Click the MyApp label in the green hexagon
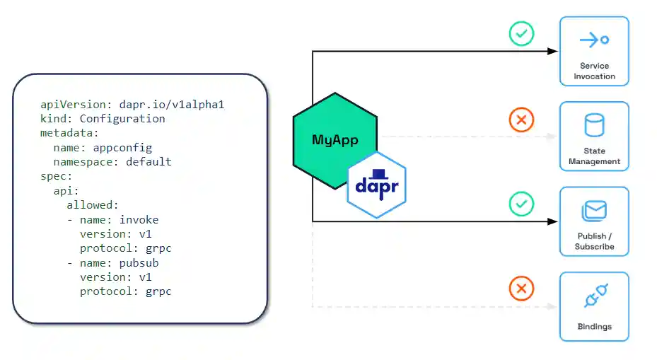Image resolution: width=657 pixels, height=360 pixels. [335, 139]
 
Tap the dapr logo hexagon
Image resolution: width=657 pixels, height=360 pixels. [376, 185]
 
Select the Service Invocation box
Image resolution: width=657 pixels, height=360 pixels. [594, 51]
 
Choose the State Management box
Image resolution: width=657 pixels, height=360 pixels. [594, 137]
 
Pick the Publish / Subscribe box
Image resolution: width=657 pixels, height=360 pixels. [594, 221]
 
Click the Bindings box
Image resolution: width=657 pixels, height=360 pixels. [594, 306]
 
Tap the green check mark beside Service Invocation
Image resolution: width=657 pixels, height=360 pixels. [521, 34]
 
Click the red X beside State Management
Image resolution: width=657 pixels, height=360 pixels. [521, 120]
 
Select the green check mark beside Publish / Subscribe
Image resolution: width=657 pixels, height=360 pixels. [521, 204]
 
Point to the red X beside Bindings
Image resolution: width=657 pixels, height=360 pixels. [521, 289]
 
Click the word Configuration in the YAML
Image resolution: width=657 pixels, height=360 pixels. [122, 119]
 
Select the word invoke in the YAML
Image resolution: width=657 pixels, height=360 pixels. [139, 219]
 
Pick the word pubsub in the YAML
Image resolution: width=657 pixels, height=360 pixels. [139, 262]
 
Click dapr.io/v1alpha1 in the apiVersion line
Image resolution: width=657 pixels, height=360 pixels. [175, 104]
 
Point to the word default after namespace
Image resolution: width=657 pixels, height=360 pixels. [149, 161]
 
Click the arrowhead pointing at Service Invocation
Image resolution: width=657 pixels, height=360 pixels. [553, 51]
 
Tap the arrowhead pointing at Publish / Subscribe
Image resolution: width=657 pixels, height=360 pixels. [553, 221]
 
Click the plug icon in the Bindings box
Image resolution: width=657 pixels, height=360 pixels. [596, 296]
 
